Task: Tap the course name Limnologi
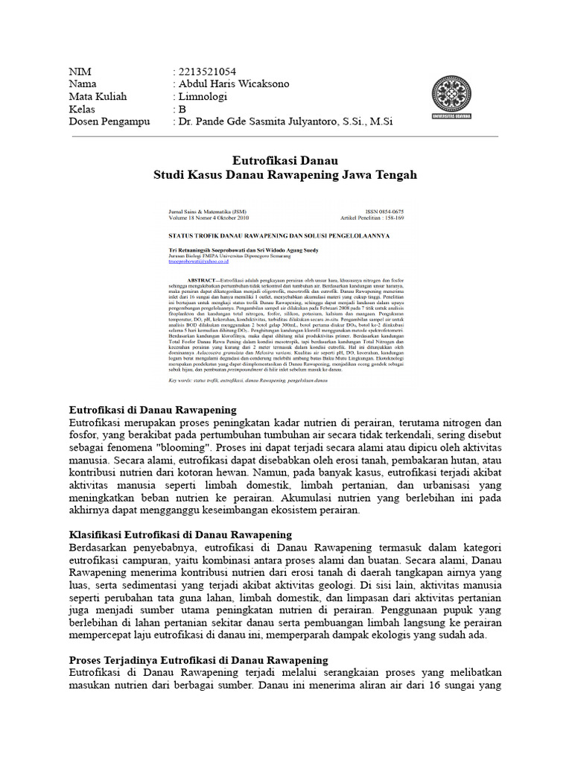(x=203, y=97)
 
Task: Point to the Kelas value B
(x=182, y=109)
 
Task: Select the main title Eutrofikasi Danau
(x=285, y=160)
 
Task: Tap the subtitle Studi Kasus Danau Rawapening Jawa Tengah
(x=285, y=175)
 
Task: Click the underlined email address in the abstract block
(x=199, y=262)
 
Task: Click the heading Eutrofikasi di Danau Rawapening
(x=152, y=410)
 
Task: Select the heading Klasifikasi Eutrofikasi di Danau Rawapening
(x=179, y=535)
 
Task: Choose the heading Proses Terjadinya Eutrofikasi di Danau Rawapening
(x=198, y=660)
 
